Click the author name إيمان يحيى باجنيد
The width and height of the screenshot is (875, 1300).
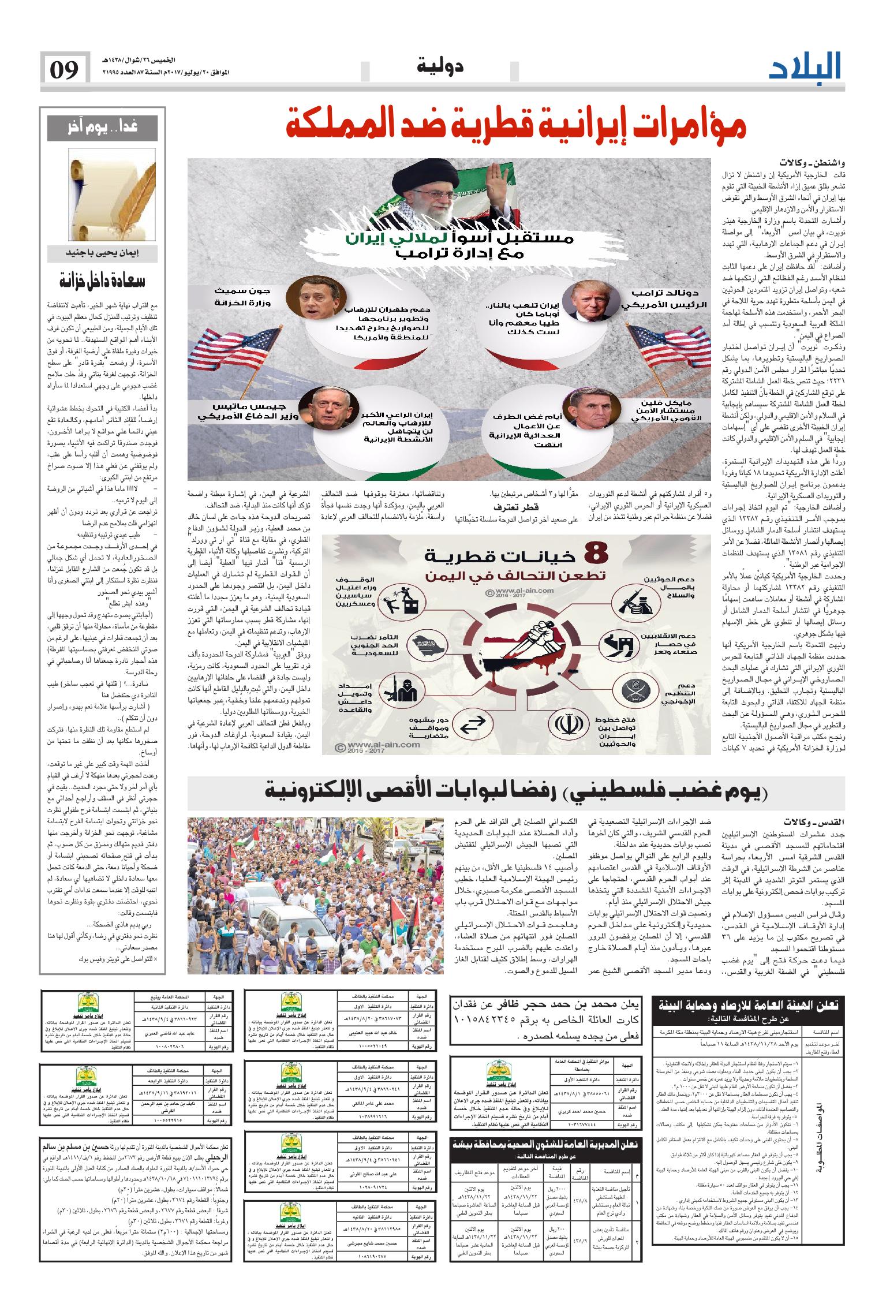[x=102, y=252]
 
